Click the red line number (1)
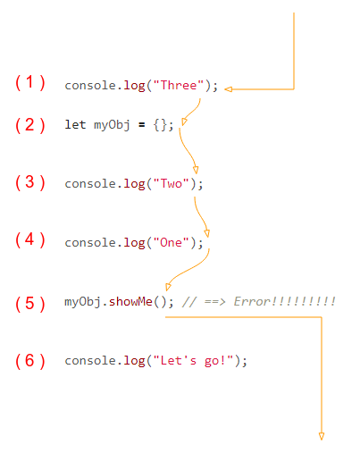coord(30,82)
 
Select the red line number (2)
coord(30,125)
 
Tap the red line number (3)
coord(30,182)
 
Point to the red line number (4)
coord(30,239)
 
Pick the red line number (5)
coord(30,304)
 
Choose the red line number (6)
coord(30,361)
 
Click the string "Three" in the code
coord(179,86)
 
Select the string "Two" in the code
coord(172,183)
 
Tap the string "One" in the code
coord(172,242)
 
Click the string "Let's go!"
coord(193,361)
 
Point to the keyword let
coord(75,124)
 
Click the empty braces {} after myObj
coord(160,125)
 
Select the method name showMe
coord(130,301)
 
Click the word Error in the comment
coord(252,301)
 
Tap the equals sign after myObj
coord(142,125)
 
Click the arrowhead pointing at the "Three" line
coord(229,89)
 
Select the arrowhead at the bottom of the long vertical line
coord(322,436)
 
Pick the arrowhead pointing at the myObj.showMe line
coord(168,287)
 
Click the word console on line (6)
coord(90,361)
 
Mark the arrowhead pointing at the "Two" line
coord(196,170)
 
